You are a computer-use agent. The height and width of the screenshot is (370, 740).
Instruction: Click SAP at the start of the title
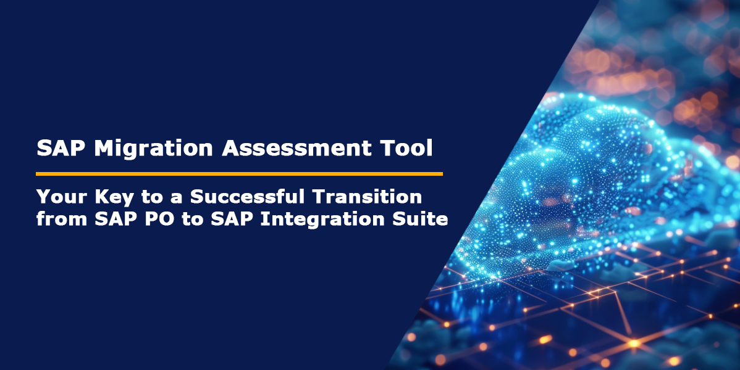coord(57,149)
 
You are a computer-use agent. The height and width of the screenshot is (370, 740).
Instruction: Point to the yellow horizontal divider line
coord(239,174)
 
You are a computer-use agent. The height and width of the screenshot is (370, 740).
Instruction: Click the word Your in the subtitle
coord(59,197)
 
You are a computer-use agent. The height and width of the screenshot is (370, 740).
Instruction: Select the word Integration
coord(323,219)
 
